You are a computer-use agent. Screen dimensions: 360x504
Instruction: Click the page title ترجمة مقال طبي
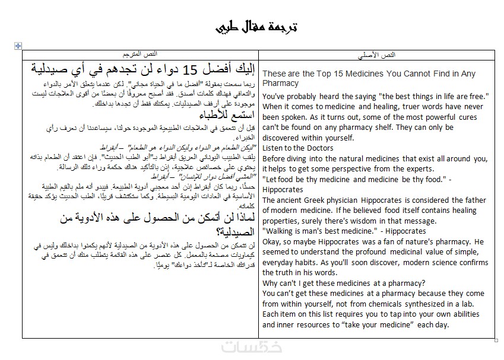[x=255, y=27]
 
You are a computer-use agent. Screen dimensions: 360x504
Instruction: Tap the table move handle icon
[x=18, y=46]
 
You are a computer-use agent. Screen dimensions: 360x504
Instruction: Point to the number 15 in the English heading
[x=343, y=74]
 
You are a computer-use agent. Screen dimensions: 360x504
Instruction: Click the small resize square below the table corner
[x=496, y=340]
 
